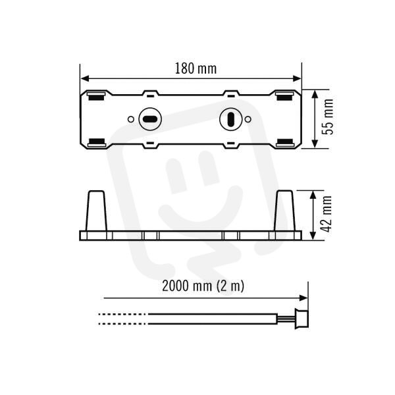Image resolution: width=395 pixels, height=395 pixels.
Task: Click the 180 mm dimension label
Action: (196, 68)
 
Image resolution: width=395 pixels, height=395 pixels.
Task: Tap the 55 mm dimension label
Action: (328, 117)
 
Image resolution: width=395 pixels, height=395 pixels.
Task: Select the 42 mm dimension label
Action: (327, 214)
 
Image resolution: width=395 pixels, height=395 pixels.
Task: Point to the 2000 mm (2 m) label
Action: (203, 286)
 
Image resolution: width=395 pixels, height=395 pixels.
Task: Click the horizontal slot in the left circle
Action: (150, 119)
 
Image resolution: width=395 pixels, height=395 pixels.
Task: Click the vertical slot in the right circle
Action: (230, 119)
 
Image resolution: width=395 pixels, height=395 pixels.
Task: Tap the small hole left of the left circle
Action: (131, 119)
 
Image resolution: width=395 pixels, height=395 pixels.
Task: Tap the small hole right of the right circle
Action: (248, 119)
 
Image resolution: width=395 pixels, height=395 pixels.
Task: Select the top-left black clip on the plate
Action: (96, 96)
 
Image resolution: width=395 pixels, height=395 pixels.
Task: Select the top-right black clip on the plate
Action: (284, 96)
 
